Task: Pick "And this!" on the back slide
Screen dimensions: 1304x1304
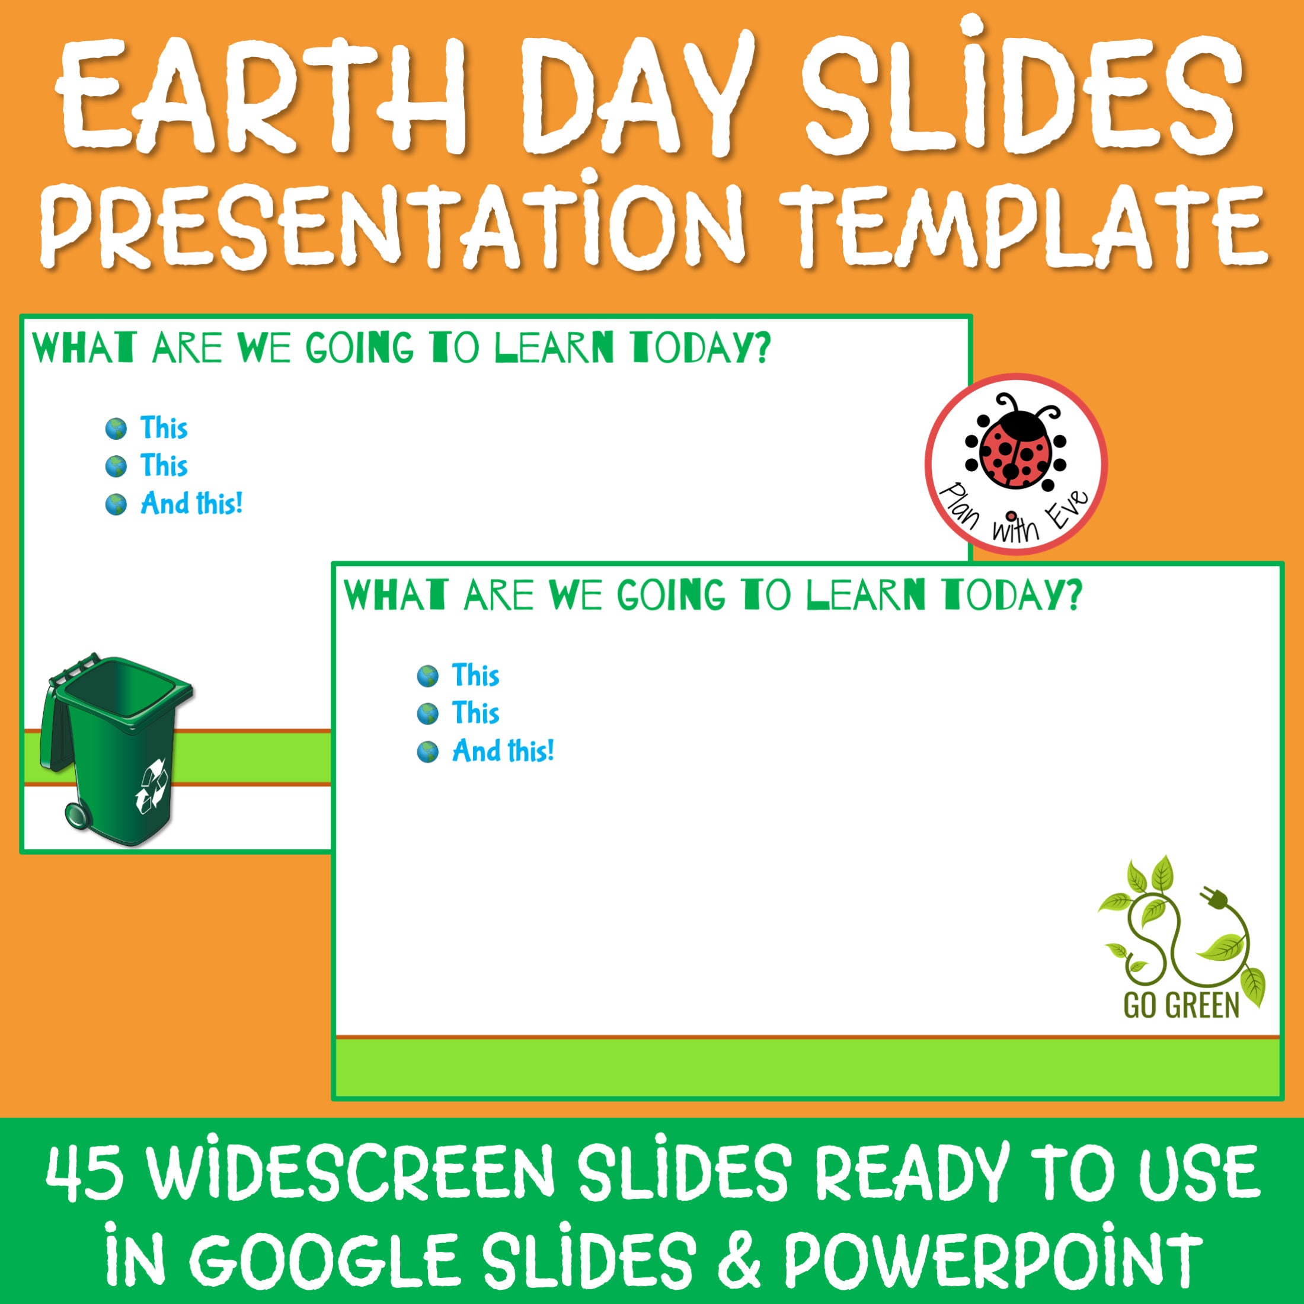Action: [x=191, y=504]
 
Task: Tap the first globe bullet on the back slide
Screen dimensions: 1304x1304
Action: [x=116, y=429]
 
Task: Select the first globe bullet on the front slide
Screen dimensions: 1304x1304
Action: [x=428, y=676]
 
